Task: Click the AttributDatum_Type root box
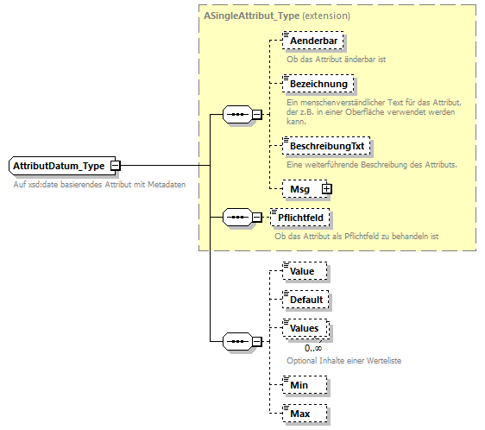[58, 165]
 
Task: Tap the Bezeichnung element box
[318, 84]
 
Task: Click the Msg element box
[300, 187]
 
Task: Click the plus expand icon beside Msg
[326, 187]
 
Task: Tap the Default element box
[306, 300]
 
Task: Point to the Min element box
[300, 385]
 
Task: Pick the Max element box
[300, 414]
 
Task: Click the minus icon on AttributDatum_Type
[115, 165]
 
